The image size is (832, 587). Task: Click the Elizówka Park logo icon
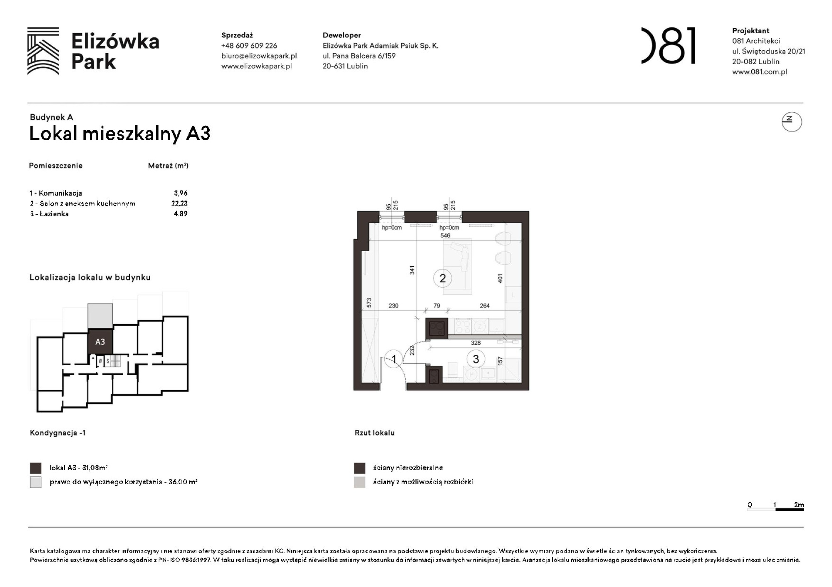coord(43,51)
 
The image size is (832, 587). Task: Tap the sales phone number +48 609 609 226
coord(249,46)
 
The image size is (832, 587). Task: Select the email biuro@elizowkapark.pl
coord(259,56)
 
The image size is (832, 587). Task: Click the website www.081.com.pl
coord(759,72)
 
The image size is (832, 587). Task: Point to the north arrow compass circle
coord(791,122)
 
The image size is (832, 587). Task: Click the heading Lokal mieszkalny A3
coord(120,134)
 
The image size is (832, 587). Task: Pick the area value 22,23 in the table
coord(179,203)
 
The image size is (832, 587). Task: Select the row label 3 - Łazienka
coord(49,214)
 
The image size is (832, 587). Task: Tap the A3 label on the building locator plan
coord(100,342)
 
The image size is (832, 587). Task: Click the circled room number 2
coord(442,278)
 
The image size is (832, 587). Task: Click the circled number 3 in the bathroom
coord(475,359)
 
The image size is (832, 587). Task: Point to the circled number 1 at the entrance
coord(394,359)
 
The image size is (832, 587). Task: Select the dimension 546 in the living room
coord(445,235)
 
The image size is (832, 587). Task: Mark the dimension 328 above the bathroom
coord(475,343)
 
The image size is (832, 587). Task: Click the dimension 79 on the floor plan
coord(436,306)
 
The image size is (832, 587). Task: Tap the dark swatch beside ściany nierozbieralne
coord(359,468)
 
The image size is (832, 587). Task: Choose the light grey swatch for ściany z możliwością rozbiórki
coord(359,482)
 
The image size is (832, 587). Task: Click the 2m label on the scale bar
coord(799,505)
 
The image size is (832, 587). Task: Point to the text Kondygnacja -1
coord(57,433)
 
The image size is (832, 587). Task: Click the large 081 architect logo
coord(668,46)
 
